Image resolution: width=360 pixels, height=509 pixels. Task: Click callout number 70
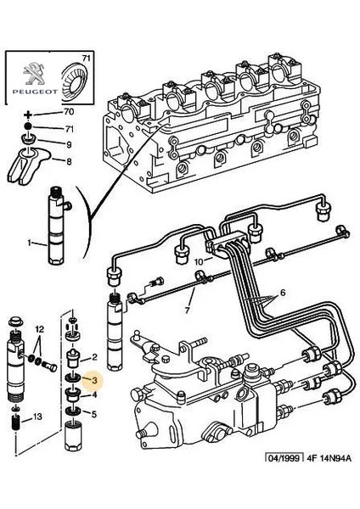pos(69,112)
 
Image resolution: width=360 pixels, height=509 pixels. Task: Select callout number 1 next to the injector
pos(29,243)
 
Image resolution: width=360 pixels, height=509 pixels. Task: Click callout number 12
pos(39,327)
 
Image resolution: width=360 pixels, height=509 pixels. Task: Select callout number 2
pos(95,357)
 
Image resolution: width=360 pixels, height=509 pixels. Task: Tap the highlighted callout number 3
pos(95,383)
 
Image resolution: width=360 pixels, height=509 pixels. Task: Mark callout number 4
pos(95,395)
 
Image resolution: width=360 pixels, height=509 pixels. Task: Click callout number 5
pos(95,415)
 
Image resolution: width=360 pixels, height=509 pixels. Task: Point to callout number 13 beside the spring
pos(37,417)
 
